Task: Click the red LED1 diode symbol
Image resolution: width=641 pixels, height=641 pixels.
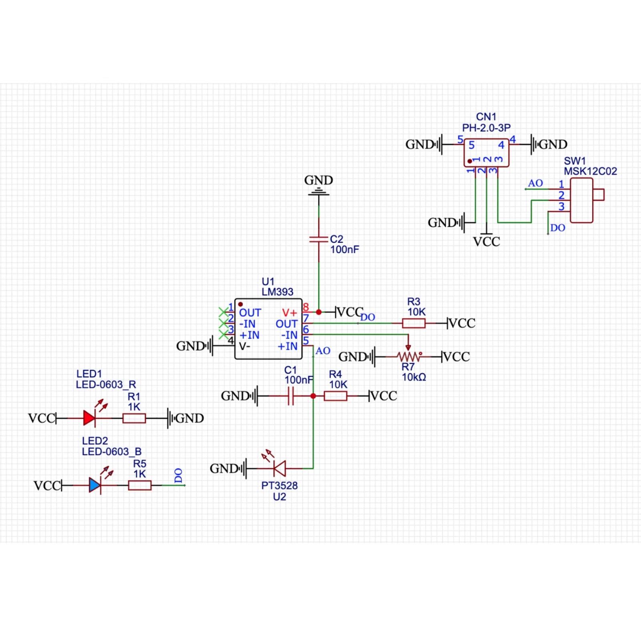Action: click(89, 418)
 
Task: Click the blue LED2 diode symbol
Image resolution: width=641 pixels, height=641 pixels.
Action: click(95, 485)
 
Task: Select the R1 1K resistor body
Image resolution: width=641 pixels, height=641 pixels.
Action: click(134, 418)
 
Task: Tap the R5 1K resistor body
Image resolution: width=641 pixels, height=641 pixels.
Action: click(140, 485)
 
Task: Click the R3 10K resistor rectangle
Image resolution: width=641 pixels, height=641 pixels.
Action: click(414, 323)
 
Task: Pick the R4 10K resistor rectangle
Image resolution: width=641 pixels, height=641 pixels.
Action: click(335, 396)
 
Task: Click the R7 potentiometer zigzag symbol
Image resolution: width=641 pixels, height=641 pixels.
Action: click(409, 356)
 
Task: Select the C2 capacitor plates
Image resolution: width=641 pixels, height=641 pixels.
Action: click(319, 239)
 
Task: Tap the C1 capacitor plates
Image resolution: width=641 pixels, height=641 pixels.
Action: click(291, 396)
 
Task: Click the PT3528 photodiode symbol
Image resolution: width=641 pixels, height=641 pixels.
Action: click(279, 468)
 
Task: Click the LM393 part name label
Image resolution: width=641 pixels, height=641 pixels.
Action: click(277, 292)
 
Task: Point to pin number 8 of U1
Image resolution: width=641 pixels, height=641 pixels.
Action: click(306, 307)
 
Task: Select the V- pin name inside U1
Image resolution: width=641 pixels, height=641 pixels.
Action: click(245, 346)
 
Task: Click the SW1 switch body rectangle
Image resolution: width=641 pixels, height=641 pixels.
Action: click(581, 200)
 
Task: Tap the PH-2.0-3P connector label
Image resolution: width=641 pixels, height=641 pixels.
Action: click(486, 128)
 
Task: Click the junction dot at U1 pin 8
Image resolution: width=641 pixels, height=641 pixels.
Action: click(319, 312)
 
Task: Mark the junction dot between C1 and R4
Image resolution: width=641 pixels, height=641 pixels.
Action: click(313, 396)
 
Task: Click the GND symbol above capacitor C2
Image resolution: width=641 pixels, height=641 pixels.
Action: click(319, 188)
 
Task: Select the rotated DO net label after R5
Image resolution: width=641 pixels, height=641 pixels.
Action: click(179, 476)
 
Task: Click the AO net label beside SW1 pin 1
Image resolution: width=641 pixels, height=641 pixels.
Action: click(535, 183)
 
